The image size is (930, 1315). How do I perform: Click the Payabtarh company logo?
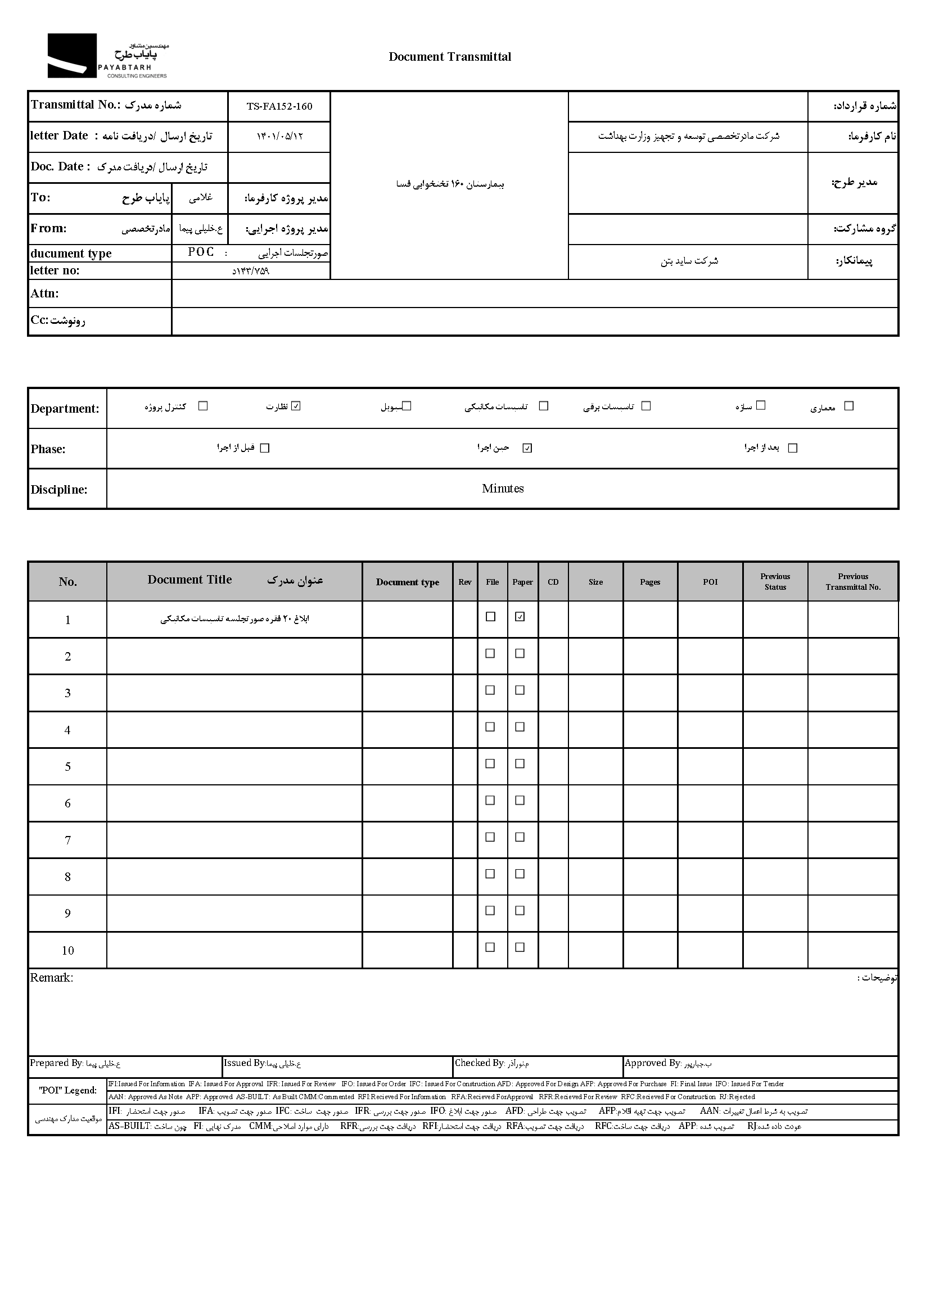tap(107, 56)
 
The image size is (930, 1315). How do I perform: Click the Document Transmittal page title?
tap(450, 57)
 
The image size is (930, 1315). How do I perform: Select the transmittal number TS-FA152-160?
tap(279, 106)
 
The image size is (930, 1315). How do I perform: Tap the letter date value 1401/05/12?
tap(279, 136)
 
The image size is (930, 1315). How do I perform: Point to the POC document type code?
tap(201, 252)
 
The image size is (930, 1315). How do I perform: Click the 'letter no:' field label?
tap(55, 270)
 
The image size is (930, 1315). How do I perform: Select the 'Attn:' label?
tap(44, 293)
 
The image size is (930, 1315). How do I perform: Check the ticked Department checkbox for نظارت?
tap(296, 406)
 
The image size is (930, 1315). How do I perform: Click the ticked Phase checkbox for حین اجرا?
tap(527, 448)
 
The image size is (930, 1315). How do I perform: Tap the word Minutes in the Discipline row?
tap(503, 489)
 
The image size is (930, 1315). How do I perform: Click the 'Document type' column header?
tap(407, 582)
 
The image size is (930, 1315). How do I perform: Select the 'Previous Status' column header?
tap(775, 581)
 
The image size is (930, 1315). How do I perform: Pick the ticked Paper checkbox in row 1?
tap(520, 617)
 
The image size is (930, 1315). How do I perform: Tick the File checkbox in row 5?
tap(490, 763)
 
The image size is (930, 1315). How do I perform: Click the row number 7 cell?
tap(67, 840)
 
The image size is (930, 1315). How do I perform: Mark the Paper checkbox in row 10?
tap(520, 947)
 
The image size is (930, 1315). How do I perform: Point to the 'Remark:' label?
tap(52, 978)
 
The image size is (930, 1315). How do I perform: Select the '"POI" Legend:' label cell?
tap(67, 1090)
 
